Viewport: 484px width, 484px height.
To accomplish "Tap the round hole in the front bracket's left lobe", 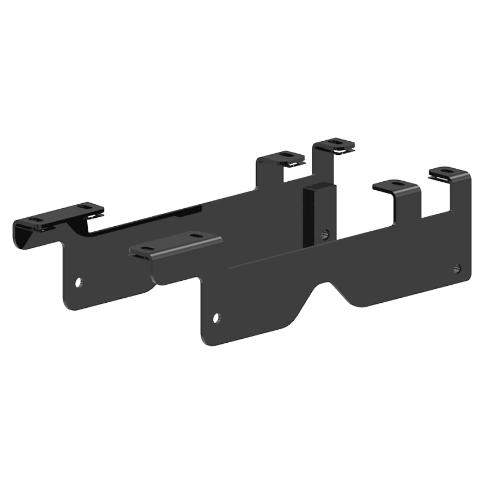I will tap(216, 319).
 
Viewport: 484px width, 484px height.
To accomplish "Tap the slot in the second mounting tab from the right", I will tap(397, 185).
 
